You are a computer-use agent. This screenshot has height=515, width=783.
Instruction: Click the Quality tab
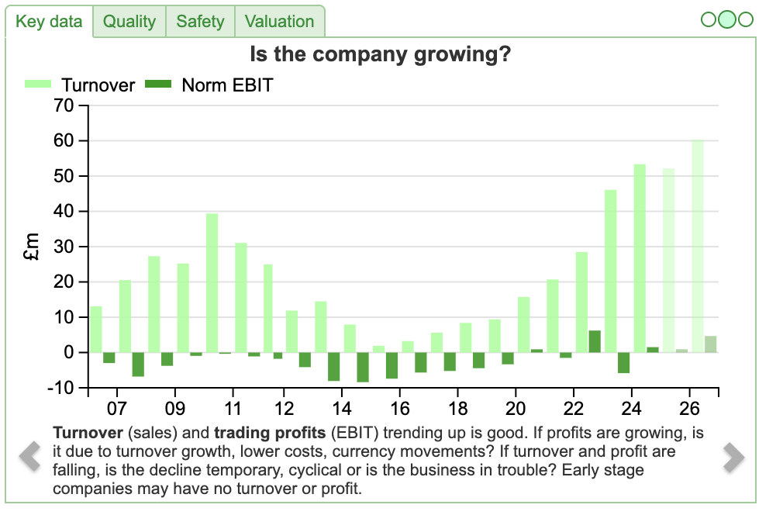129,22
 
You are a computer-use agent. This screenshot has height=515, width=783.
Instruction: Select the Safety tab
200,22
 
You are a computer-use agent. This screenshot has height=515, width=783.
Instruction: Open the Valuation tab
279,22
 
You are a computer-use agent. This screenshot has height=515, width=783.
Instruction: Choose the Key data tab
49,22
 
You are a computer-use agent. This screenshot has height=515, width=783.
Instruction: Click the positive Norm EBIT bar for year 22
595,341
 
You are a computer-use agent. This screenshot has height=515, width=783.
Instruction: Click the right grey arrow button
733,457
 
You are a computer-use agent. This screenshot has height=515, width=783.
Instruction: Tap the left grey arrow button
29,455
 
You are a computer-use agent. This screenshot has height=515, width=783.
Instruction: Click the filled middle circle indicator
727,19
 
